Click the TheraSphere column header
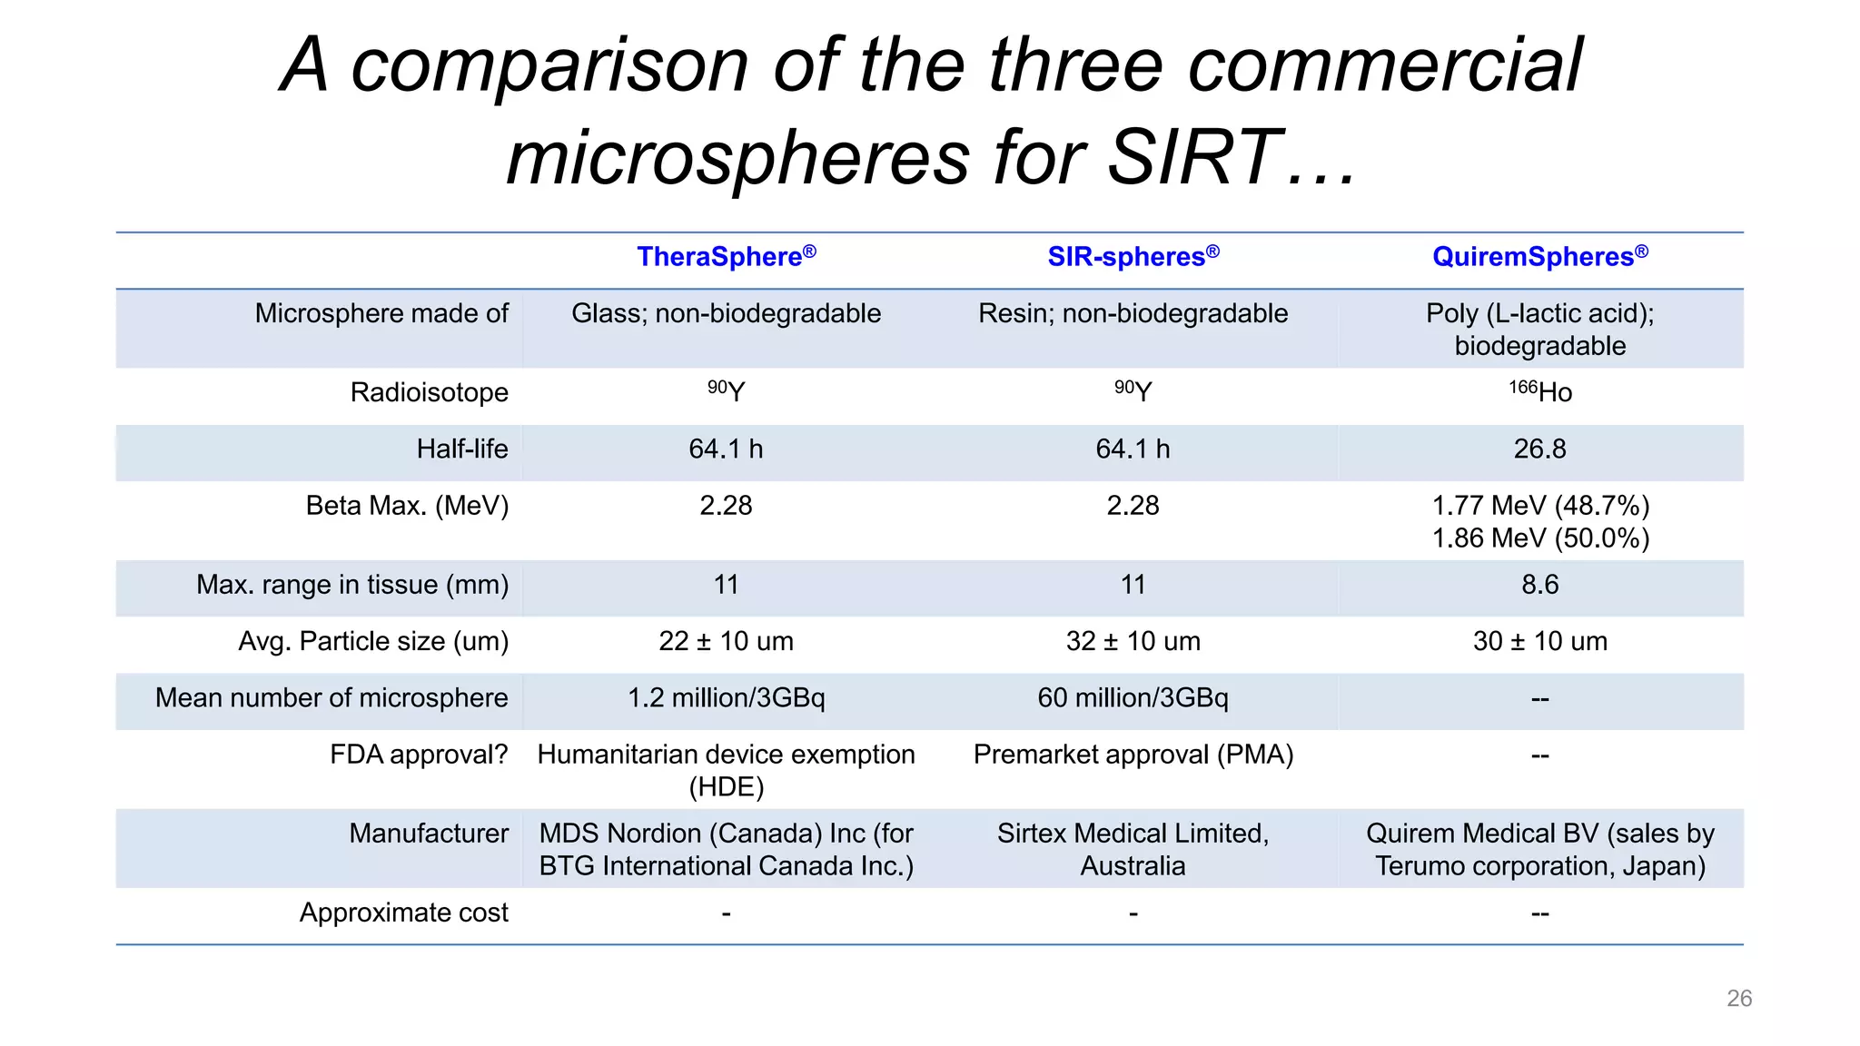coord(726,257)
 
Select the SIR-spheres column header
coord(1133,257)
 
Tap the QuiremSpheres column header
coord(1539,257)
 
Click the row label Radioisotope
coord(429,392)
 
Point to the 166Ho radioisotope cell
coord(1540,392)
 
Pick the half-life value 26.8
coord(1539,449)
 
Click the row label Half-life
coord(461,449)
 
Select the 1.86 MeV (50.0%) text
coord(1540,538)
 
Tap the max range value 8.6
coord(1539,585)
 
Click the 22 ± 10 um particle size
coord(726,641)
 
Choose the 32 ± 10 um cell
coord(1133,641)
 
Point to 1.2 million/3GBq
coord(726,697)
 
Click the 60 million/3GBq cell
coord(1133,697)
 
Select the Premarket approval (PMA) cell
coord(1133,755)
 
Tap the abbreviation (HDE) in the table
coord(726,786)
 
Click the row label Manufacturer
coord(429,834)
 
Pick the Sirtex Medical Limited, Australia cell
coord(1133,849)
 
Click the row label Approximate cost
coord(403,913)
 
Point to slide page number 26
coord(1738,998)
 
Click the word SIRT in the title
coord(1193,156)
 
